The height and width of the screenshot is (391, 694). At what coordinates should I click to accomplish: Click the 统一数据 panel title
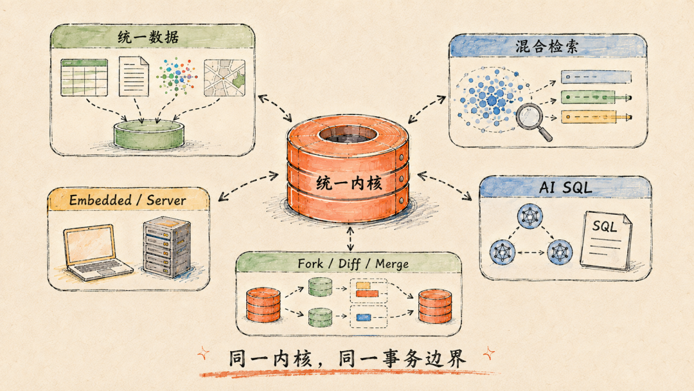point(148,37)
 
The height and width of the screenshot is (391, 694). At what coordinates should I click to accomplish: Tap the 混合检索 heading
point(547,46)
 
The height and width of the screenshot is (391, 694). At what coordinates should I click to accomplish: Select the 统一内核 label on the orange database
point(349,183)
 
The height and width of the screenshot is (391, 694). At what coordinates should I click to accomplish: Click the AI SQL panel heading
point(565,187)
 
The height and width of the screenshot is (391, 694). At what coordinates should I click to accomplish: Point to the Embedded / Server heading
point(127,200)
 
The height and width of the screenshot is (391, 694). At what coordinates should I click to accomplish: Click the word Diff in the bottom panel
point(349,264)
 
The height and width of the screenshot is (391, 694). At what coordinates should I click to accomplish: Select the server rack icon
point(167,247)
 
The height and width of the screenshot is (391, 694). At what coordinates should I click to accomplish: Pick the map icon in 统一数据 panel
point(224,78)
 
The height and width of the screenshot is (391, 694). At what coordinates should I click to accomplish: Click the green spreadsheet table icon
point(84,77)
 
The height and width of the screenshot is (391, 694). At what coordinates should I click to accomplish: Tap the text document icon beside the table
point(134,76)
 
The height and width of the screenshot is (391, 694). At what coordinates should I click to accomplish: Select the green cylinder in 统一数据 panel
point(148,134)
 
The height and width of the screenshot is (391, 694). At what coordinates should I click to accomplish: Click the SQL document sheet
point(605,240)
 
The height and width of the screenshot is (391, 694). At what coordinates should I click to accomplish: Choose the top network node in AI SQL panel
point(529,216)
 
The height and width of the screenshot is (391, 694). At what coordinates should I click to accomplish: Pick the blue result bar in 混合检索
point(596,77)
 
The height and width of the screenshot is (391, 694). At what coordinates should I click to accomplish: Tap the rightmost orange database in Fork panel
point(435,305)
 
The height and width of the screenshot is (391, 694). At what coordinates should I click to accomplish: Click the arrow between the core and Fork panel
point(351,239)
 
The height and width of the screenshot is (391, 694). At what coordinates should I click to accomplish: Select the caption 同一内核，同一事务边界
point(348,358)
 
